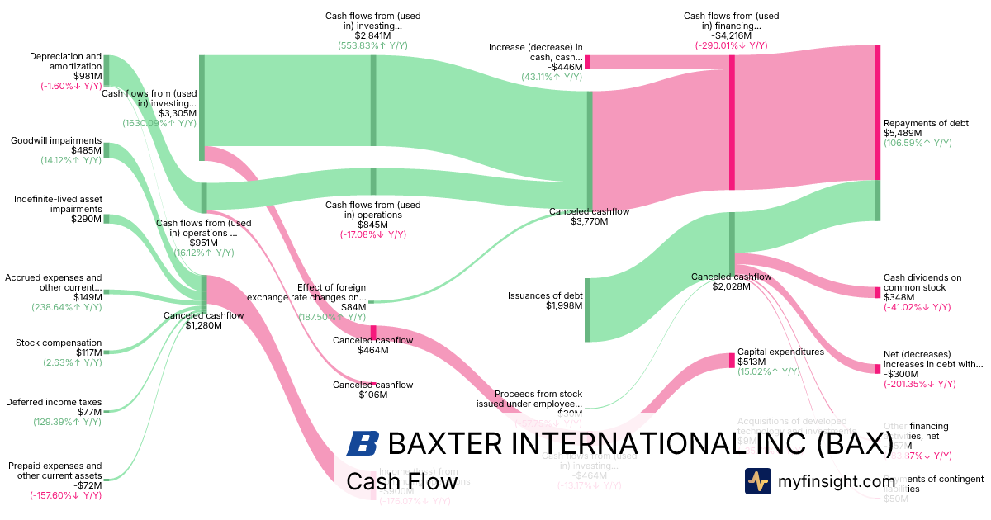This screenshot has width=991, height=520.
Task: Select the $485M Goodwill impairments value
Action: (87, 151)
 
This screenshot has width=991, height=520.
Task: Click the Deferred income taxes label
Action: (54, 402)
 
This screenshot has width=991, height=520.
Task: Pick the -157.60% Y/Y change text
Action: (65, 496)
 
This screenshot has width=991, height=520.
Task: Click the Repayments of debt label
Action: (926, 123)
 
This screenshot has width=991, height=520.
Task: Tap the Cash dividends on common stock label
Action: (922, 282)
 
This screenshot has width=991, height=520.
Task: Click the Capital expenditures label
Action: (780, 352)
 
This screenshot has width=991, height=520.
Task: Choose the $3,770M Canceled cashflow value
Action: (590, 222)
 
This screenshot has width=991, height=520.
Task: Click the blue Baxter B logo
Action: (363, 443)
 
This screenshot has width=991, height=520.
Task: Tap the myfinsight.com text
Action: (837, 481)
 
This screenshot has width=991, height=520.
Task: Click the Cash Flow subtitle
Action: (401, 481)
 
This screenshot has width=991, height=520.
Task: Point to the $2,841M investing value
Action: (372, 35)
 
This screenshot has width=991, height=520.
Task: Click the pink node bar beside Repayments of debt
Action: (877, 112)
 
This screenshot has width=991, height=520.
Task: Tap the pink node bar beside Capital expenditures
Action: (731, 361)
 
